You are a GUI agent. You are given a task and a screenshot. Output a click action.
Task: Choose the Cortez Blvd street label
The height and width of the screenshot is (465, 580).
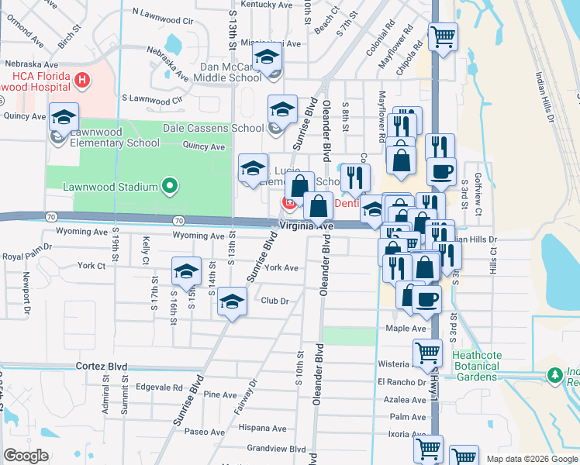tap(101, 365)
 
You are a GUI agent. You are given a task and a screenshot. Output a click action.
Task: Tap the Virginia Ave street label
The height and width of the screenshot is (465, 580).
tap(306, 226)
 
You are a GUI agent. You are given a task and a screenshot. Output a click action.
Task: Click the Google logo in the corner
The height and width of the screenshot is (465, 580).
tap(26, 456)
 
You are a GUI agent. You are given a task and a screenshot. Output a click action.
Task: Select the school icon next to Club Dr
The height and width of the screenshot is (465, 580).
tap(231, 301)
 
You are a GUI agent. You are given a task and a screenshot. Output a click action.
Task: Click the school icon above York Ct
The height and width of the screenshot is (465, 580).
tap(186, 270)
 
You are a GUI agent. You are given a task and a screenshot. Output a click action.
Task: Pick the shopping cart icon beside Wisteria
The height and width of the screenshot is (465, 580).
tap(428, 353)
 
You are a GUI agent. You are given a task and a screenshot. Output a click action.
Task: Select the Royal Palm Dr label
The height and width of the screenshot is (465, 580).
tap(26, 256)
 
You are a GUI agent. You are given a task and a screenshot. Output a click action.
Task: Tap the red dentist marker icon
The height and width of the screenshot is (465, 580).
tap(289, 203)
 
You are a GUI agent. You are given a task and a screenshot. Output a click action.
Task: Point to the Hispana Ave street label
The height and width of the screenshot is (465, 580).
tap(263, 428)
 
